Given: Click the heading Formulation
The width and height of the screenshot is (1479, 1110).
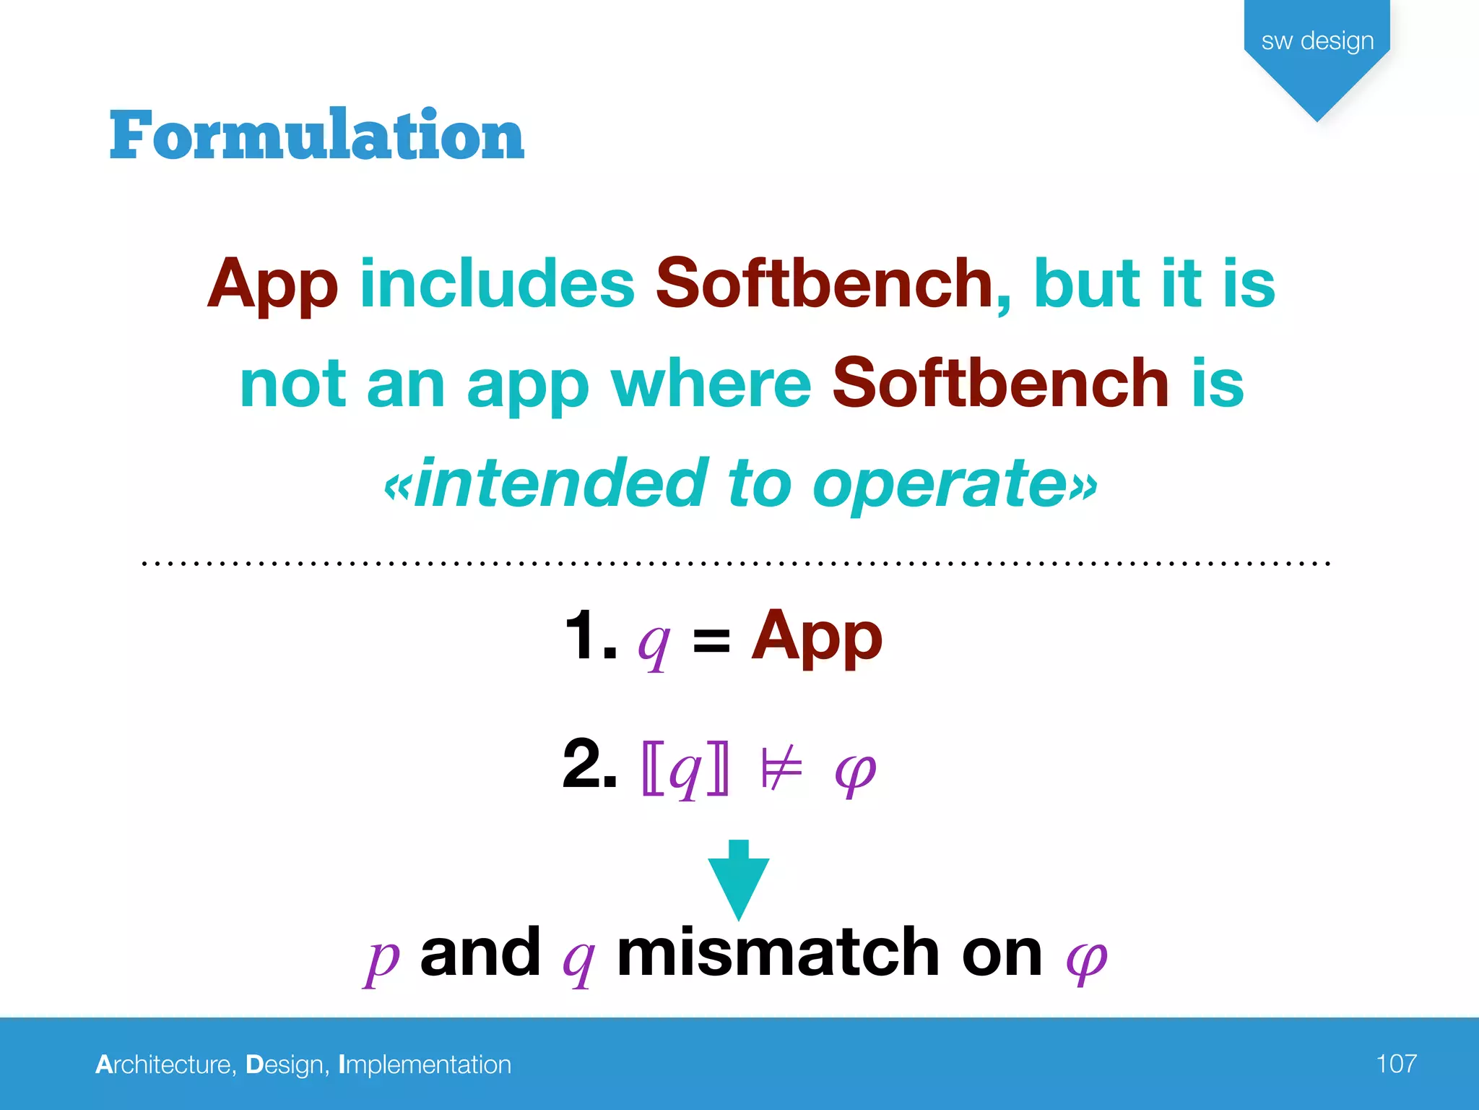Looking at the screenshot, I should tap(316, 135).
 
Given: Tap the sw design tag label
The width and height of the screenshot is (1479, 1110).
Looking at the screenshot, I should tap(1317, 40).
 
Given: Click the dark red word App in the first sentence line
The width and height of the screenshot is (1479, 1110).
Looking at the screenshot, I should tap(272, 285).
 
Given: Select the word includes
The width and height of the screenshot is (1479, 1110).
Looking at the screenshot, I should tap(497, 283).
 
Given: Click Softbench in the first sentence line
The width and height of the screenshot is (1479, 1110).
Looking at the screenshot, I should tap(825, 283).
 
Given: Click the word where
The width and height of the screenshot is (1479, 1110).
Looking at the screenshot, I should tap(711, 384).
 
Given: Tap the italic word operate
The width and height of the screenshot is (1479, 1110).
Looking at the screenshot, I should tap(939, 483).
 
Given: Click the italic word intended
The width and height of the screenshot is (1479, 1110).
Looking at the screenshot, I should tap(560, 483).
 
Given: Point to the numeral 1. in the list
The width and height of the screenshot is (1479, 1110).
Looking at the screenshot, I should tap(590, 636).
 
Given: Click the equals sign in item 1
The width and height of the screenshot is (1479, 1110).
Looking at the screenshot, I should tap(711, 640).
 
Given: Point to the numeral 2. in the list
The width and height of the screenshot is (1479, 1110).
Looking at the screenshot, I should tap(589, 764).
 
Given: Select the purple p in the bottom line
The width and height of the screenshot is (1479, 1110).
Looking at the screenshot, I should tap(381, 958).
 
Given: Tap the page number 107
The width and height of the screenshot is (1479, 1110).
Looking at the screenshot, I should tap(1395, 1064).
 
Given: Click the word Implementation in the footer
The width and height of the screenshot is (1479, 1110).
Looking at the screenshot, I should tap(425, 1064).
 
